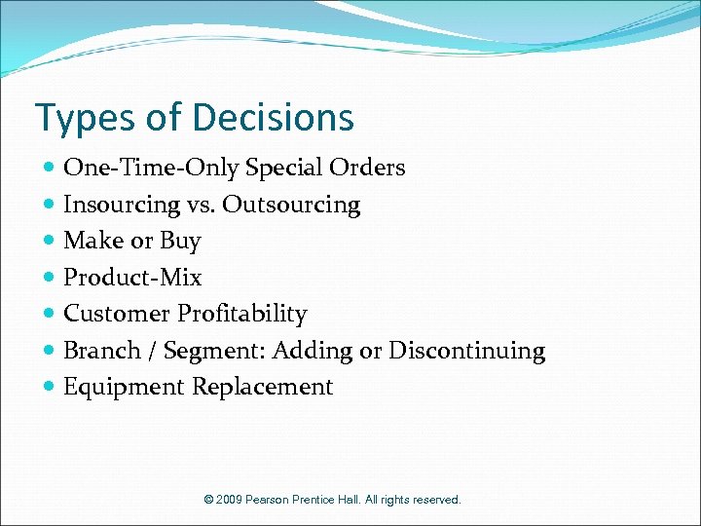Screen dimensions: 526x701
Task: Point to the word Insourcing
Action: click(x=122, y=205)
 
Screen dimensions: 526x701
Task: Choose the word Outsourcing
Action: click(x=291, y=205)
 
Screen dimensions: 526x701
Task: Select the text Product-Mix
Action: click(x=132, y=278)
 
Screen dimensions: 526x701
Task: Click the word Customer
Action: click(x=116, y=314)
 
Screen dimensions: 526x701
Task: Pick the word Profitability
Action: click(x=241, y=314)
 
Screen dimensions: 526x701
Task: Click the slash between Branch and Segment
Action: click(x=153, y=350)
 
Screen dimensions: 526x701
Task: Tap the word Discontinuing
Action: click(x=466, y=350)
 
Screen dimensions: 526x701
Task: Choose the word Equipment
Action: click(x=124, y=387)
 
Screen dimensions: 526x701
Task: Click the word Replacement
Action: click(x=262, y=387)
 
